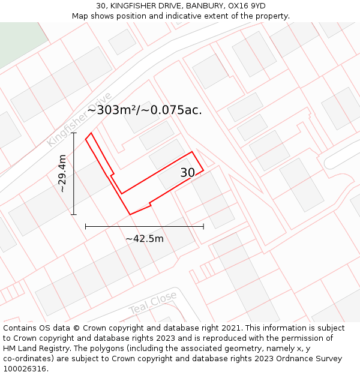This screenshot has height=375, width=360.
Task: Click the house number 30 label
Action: coord(188,173)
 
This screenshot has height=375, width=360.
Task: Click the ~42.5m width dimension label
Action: coord(145,239)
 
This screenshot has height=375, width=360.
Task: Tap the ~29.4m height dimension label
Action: coord(62,173)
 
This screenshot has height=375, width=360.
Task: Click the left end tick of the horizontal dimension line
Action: coord(86,226)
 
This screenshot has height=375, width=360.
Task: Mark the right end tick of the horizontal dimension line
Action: coord(203,226)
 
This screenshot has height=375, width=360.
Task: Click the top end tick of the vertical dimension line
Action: coord(74,133)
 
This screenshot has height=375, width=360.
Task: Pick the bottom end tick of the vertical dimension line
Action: coord(74,214)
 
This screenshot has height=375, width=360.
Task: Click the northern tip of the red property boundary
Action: coord(91,133)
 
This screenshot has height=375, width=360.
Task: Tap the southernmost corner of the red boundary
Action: coord(130,214)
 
